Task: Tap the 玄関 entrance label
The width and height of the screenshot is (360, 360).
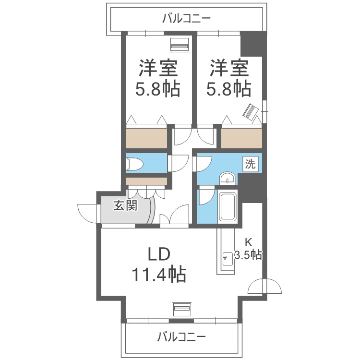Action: tap(125, 205)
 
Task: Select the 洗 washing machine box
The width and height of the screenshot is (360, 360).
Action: tap(250, 164)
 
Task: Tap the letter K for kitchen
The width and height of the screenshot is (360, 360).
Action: tap(248, 241)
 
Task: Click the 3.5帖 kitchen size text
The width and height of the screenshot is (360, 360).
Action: tap(248, 255)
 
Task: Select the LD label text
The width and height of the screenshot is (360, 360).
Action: tap(159, 254)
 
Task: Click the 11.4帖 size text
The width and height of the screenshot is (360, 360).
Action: tap(159, 275)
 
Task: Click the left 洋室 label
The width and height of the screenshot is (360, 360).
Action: tap(158, 68)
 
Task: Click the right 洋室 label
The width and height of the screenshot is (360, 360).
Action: tap(228, 68)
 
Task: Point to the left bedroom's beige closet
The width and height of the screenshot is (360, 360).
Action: tap(146, 138)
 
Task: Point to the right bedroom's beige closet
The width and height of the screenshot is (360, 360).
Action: tap(242, 138)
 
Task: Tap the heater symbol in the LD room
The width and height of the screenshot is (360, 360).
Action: tap(182, 308)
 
